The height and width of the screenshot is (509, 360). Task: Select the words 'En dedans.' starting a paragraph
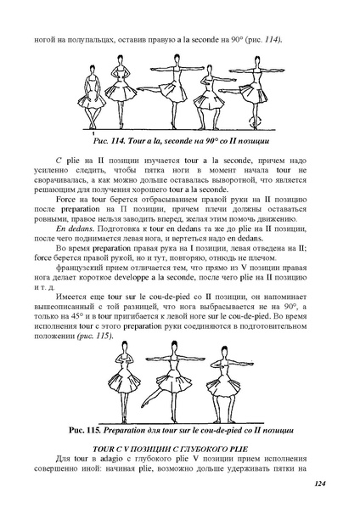pos(76,229)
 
